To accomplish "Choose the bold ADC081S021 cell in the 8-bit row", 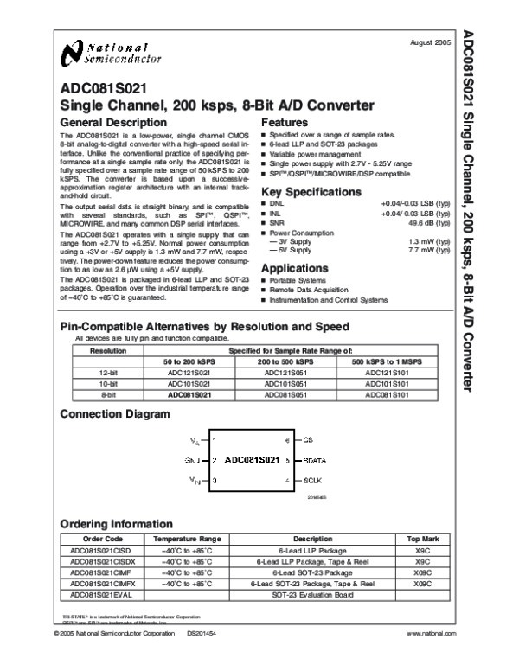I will (189, 393).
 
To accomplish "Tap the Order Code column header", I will (102, 538).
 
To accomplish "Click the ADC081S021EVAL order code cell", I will (102, 595).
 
